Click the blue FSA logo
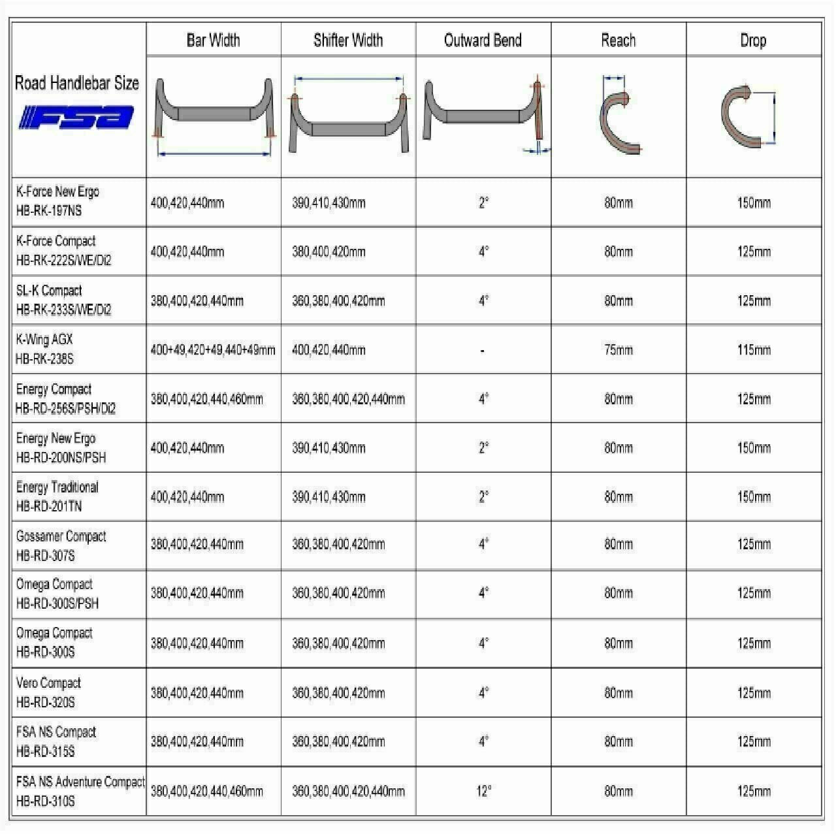click(x=77, y=118)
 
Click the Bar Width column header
click(x=213, y=40)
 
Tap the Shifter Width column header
click(x=347, y=40)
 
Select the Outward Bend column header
click(x=483, y=40)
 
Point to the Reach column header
click(x=618, y=40)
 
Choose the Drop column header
click(x=752, y=40)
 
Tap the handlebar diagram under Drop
click(x=748, y=115)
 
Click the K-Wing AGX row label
click(x=44, y=349)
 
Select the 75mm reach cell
click(x=618, y=349)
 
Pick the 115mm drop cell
click(x=754, y=349)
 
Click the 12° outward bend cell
click(x=483, y=791)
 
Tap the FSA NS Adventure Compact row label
click(x=80, y=790)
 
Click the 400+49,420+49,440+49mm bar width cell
click(x=213, y=349)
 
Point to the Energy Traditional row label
click(x=57, y=496)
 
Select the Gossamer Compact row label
click(x=61, y=545)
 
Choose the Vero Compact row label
click(x=48, y=692)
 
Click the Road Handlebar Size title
click(x=77, y=83)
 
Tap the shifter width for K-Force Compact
click(x=329, y=251)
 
